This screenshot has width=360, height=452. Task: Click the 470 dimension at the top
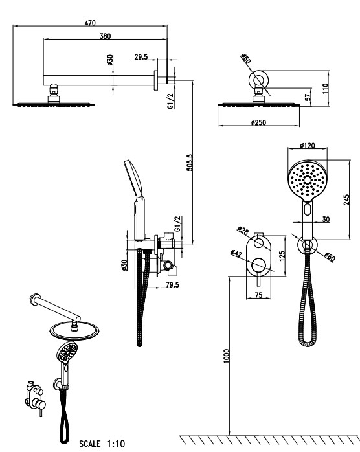(90, 23)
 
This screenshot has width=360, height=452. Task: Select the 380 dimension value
(105, 36)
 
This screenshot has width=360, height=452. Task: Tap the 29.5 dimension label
(141, 57)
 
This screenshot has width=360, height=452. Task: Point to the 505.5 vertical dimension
(189, 163)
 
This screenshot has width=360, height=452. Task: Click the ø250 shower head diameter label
(258, 122)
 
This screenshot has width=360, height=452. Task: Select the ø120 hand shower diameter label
(308, 145)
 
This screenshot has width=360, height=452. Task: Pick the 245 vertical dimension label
(346, 199)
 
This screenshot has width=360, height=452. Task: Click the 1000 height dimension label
(227, 356)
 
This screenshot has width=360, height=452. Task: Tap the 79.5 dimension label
(172, 285)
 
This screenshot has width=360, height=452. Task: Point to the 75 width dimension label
(258, 295)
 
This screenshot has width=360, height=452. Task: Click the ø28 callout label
(243, 231)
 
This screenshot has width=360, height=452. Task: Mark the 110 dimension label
(326, 89)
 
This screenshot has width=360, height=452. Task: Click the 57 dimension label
(308, 96)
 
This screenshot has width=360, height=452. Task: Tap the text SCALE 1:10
(102, 444)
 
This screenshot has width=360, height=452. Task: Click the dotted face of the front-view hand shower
(308, 180)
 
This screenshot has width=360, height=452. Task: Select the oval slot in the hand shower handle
(308, 209)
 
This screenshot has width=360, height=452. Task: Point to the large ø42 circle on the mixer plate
(258, 266)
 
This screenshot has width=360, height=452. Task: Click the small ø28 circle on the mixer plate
(258, 243)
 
